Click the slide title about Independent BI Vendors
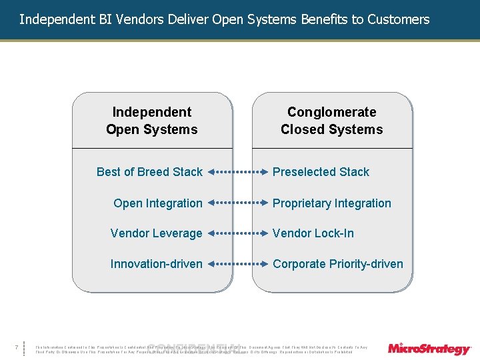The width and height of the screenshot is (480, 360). (x=224, y=19)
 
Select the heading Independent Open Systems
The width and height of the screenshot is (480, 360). (x=152, y=121)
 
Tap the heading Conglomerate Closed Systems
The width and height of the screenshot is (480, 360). (x=331, y=121)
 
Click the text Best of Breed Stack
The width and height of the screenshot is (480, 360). (x=149, y=172)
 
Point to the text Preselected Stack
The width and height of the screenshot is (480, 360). (x=321, y=172)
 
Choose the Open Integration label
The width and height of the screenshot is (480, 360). (x=158, y=203)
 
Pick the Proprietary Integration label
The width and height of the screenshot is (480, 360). (x=331, y=203)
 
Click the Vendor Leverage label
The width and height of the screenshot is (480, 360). (x=156, y=233)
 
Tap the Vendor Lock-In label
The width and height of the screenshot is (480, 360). (x=313, y=233)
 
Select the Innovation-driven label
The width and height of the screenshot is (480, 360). (x=156, y=264)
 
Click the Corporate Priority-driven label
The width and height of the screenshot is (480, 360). (x=337, y=264)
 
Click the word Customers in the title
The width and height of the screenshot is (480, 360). (x=403, y=19)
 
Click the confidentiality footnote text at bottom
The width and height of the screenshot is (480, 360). (x=200, y=349)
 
